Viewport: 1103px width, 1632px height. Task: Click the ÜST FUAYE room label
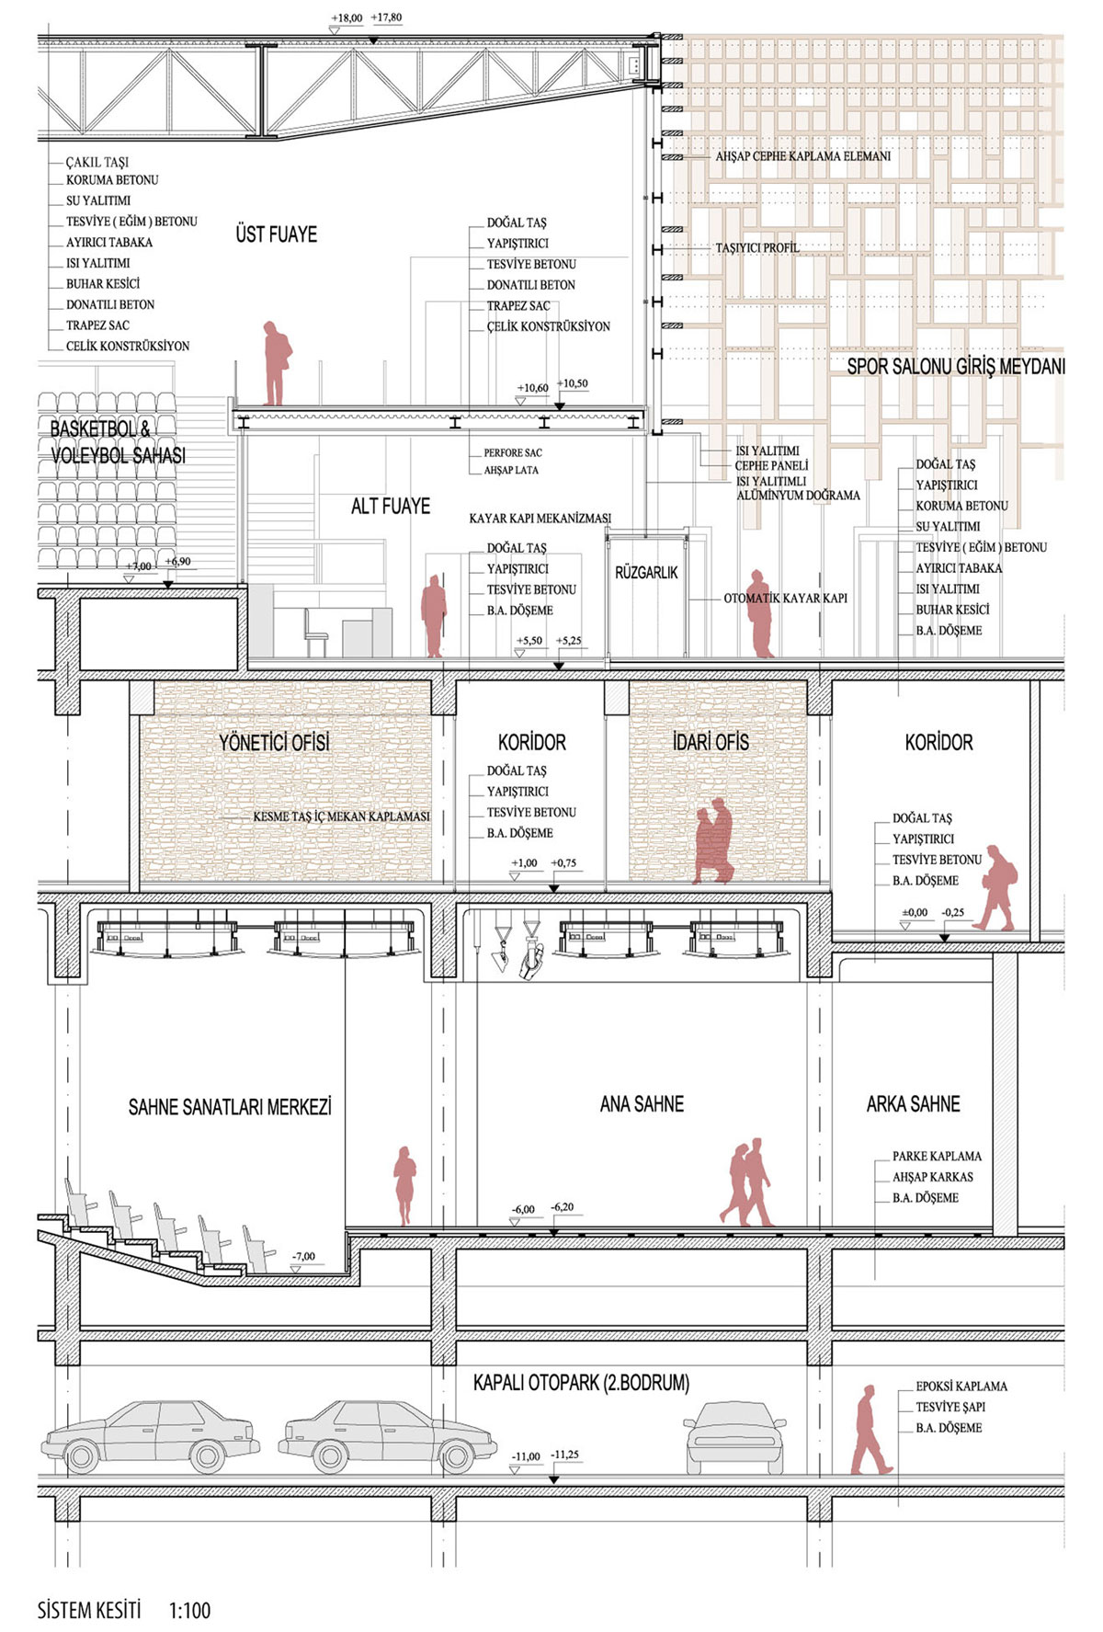(x=276, y=234)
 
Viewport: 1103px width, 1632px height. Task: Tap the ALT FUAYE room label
(x=391, y=506)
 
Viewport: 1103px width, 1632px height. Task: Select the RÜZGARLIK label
(x=646, y=572)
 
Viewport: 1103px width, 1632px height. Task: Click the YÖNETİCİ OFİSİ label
(x=274, y=742)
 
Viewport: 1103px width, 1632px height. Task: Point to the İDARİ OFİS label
(x=711, y=741)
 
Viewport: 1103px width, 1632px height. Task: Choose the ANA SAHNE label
(x=642, y=1103)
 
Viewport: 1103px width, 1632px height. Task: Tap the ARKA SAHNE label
(x=913, y=1103)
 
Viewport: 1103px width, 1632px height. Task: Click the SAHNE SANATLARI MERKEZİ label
(x=230, y=1106)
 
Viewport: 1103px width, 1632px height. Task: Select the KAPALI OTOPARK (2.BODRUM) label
(x=581, y=1382)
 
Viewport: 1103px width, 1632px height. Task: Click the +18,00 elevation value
(x=347, y=17)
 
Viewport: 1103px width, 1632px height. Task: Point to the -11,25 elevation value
(x=565, y=1454)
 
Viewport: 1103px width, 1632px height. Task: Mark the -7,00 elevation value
(x=303, y=1256)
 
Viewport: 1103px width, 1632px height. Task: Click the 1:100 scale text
(x=189, y=1610)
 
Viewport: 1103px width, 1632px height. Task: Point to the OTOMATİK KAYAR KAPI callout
(x=786, y=598)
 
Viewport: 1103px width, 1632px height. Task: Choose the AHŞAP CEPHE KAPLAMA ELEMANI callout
(x=803, y=156)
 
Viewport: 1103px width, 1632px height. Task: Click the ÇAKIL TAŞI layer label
(x=97, y=162)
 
